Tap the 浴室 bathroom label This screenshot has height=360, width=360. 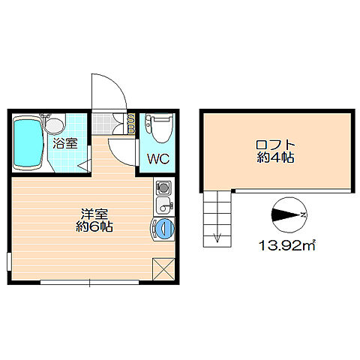click(64, 143)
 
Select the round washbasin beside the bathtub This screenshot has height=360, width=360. click(55, 123)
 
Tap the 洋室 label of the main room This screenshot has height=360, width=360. click(96, 212)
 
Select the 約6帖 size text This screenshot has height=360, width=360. click(96, 226)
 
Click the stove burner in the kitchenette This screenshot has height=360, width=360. click(163, 187)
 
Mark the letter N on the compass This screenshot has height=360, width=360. click(302, 215)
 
